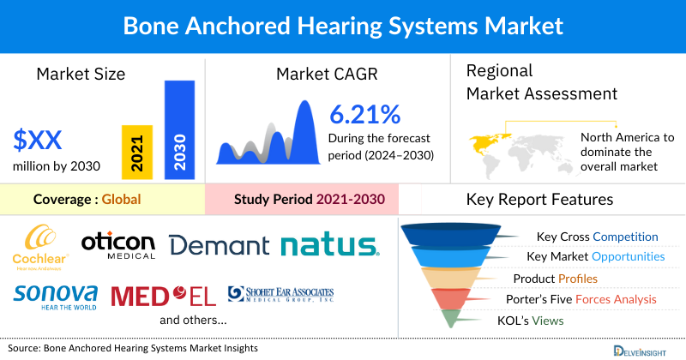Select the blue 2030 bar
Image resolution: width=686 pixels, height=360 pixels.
[179, 130]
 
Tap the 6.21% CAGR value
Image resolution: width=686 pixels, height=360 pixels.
[364, 113]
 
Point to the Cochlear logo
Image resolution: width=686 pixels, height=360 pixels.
[40, 246]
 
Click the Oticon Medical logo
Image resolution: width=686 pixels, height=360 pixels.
[118, 244]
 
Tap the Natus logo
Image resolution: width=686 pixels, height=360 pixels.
[329, 246]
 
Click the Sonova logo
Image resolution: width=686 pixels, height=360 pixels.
[55, 296]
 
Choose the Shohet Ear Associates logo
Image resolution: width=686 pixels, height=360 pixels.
[280, 296]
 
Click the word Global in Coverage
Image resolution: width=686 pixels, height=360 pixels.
[121, 200]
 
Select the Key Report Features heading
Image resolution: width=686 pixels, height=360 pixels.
[539, 200]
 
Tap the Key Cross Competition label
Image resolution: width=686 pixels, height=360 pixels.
[597, 237]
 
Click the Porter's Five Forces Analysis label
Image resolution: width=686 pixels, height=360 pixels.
[585, 299]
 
